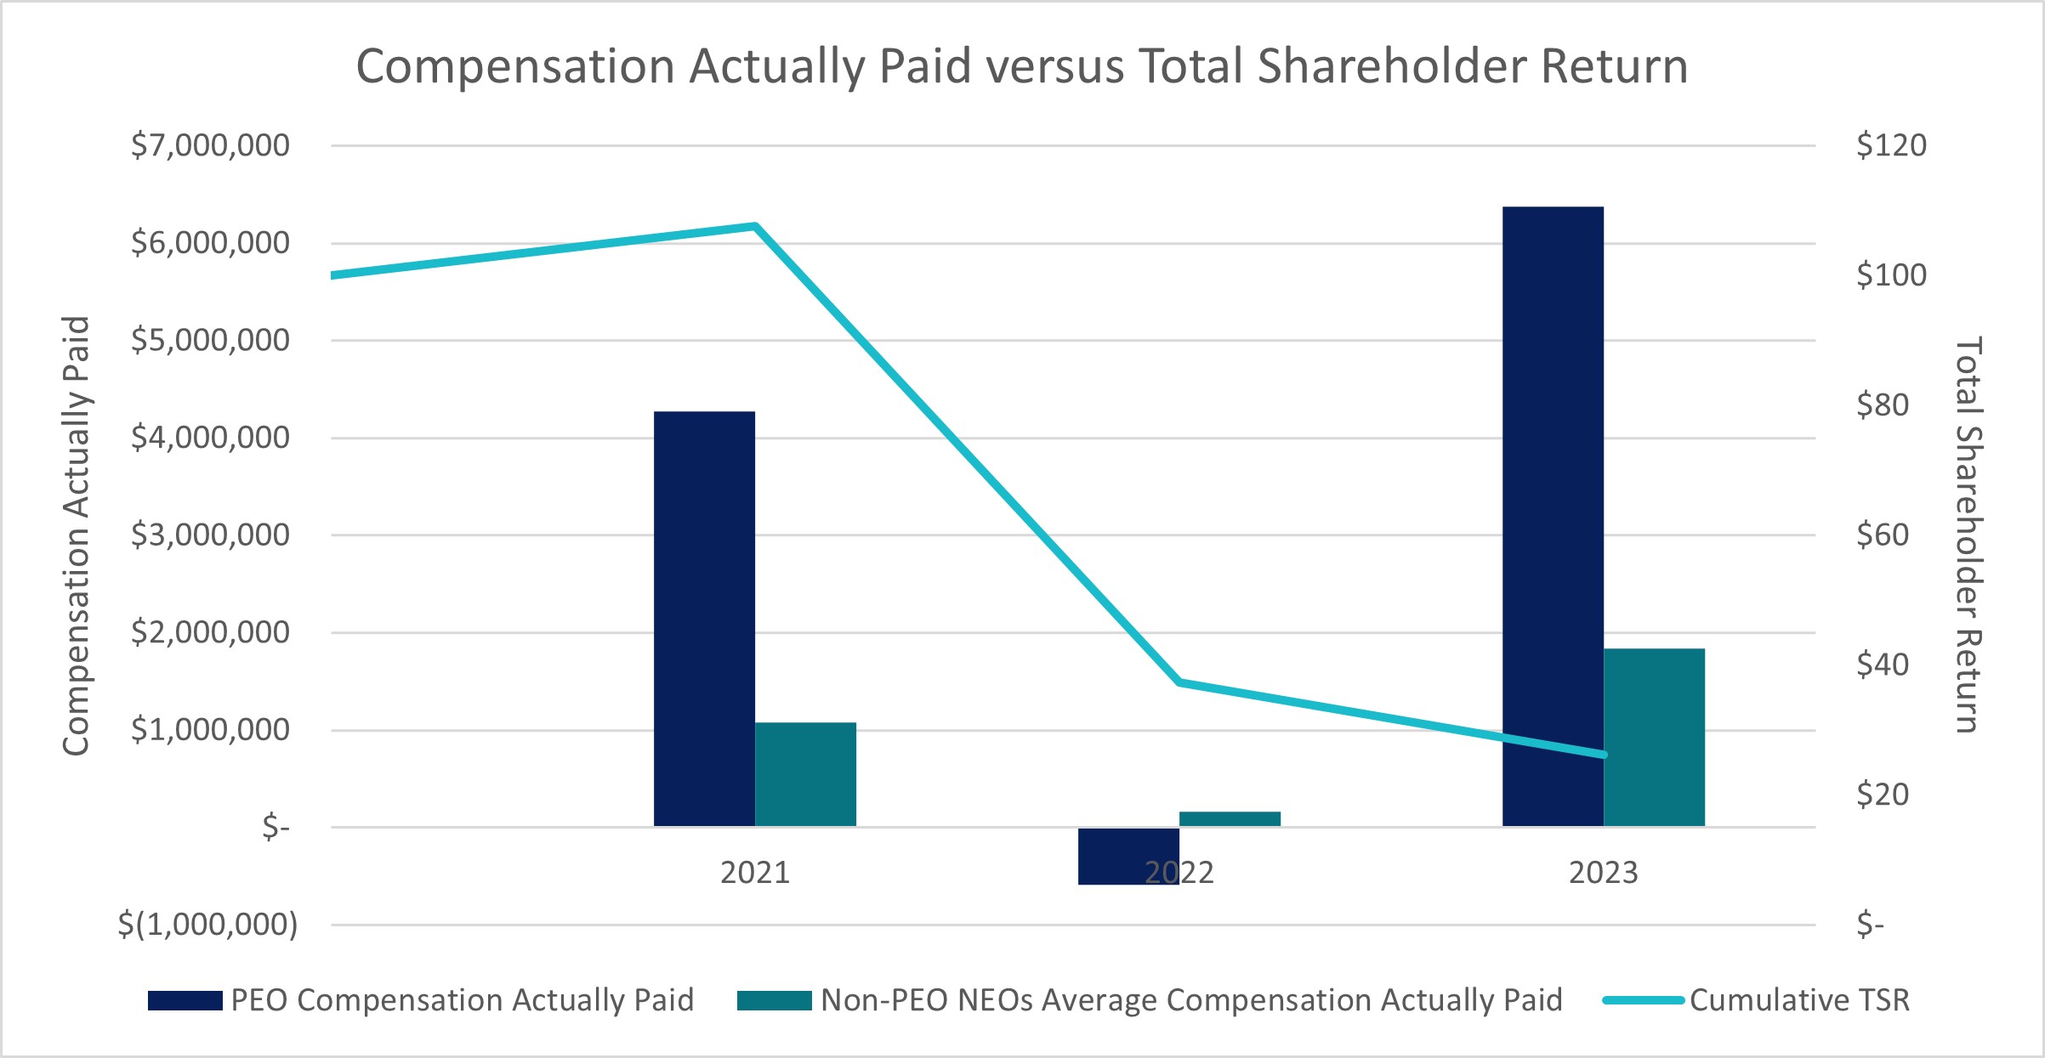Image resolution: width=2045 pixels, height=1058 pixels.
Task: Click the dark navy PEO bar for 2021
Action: click(704, 619)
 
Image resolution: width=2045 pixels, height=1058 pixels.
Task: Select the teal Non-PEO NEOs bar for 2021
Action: click(805, 774)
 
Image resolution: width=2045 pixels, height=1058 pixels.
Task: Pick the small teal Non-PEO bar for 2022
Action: click(1230, 818)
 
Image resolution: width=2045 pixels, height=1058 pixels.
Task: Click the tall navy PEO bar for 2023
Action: click(1553, 516)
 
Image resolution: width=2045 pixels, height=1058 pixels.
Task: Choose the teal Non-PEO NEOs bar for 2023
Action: click(1654, 737)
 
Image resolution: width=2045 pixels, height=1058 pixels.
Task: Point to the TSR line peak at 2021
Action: click(755, 226)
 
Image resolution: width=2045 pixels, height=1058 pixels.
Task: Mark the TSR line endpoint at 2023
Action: click(1604, 755)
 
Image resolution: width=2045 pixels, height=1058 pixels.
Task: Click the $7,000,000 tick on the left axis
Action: click(210, 145)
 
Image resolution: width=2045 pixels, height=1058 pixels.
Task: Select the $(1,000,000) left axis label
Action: click(207, 925)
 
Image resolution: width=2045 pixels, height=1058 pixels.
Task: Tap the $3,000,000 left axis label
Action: click(210, 535)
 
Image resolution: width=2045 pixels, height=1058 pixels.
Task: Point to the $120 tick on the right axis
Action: click(1891, 145)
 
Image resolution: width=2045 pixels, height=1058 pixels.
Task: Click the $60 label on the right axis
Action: click(1883, 535)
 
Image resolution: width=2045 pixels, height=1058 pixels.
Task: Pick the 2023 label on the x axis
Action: click(1603, 873)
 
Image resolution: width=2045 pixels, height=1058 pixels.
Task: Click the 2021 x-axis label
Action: click(755, 873)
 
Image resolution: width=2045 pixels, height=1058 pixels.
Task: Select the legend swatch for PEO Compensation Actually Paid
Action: click(185, 1000)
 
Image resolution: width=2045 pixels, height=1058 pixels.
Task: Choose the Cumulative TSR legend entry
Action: click(1799, 1000)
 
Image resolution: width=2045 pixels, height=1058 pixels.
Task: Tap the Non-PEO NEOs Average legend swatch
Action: click(774, 1000)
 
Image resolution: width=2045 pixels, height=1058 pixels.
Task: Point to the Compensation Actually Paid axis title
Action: click(77, 535)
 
